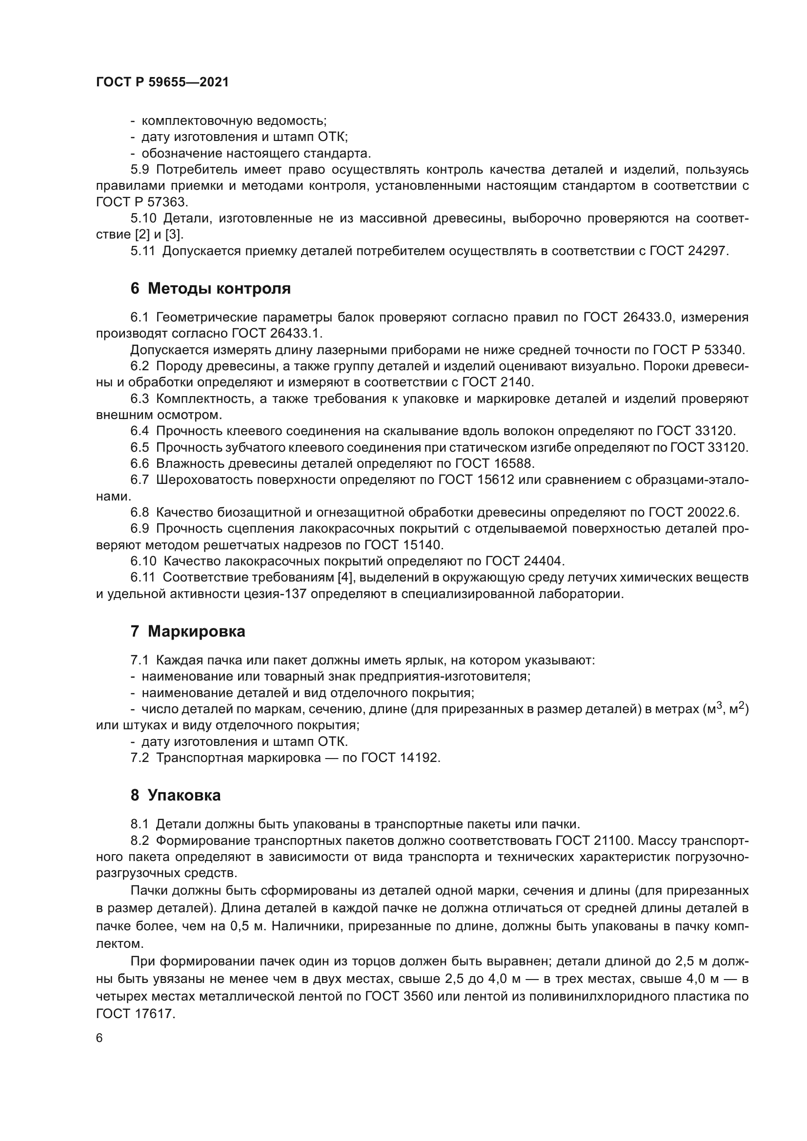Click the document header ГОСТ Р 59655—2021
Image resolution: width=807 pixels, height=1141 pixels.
(162, 82)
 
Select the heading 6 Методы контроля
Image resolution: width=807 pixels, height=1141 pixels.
(210, 289)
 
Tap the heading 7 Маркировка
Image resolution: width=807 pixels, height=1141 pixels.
(188, 632)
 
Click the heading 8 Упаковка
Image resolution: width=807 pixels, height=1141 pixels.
(176, 795)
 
